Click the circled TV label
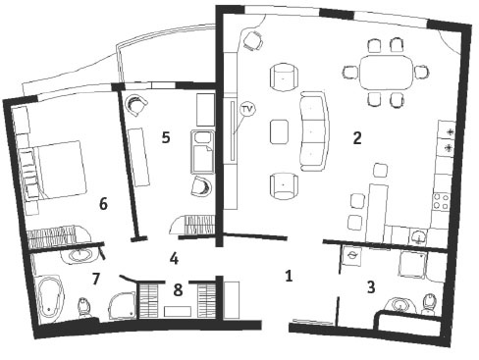click(x=247, y=110)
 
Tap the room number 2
click(x=357, y=138)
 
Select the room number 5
click(x=166, y=137)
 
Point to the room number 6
click(x=103, y=204)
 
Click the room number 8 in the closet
click(x=178, y=289)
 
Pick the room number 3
click(x=371, y=287)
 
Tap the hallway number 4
click(x=174, y=259)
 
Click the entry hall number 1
click(x=289, y=276)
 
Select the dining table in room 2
click(x=386, y=72)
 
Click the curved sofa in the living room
click(x=315, y=130)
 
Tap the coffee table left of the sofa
click(x=280, y=131)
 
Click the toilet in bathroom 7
click(x=84, y=308)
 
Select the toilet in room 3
click(x=429, y=305)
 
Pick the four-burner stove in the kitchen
click(x=441, y=202)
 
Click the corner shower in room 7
click(x=122, y=305)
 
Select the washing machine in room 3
click(x=351, y=256)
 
